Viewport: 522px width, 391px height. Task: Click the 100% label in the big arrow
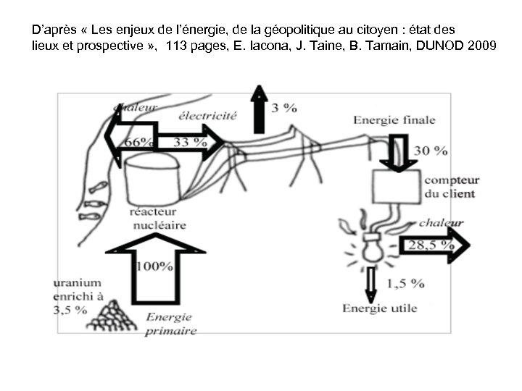pyautogui.click(x=155, y=266)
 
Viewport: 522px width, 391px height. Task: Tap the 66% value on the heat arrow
pyautogui.click(x=138, y=143)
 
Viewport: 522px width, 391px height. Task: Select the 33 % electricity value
pyautogui.click(x=190, y=143)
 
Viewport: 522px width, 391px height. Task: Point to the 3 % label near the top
pyautogui.click(x=284, y=108)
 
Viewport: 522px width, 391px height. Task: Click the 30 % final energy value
pyautogui.click(x=431, y=151)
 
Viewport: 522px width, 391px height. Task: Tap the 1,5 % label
pyautogui.click(x=406, y=282)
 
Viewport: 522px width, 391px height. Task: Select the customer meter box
pyautogui.click(x=395, y=186)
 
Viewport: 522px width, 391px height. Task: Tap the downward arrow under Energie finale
pyautogui.click(x=397, y=152)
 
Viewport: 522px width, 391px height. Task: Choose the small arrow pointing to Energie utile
pyautogui.click(x=372, y=284)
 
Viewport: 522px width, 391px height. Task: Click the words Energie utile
pyautogui.click(x=380, y=308)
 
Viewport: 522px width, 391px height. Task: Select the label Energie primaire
pyautogui.click(x=171, y=324)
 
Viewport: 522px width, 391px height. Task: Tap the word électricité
pyautogui.click(x=207, y=116)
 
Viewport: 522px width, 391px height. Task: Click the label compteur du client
pyautogui.click(x=450, y=187)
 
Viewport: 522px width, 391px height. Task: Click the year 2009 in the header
pyautogui.click(x=483, y=46)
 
